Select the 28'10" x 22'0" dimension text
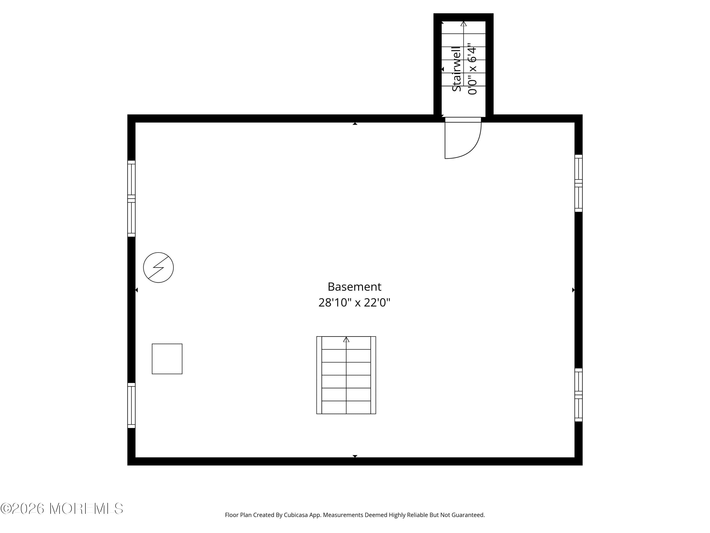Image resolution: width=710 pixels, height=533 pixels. pos(354,302)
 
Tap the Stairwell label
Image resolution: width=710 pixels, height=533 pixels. pos(456,69)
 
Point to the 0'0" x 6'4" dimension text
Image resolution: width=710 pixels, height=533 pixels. pos(472,69)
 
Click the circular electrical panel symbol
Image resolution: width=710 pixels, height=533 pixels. pos(158,267)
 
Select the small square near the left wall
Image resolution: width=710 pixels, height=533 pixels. pos(167,359)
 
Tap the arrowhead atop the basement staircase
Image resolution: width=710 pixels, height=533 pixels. pos(346,339)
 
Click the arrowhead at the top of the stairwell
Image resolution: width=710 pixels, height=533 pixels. pos(463,23)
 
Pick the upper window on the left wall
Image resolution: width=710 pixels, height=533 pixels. pos(131,199)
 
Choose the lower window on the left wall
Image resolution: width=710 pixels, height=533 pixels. pos(131,405)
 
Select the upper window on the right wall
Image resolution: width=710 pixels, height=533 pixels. pos(578,183)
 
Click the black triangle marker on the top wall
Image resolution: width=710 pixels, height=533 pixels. pos(355,124)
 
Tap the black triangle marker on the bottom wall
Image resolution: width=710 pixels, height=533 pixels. pos(355,456)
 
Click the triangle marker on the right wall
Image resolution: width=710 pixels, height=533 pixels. pos(573,290)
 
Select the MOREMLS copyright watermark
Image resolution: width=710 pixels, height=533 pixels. pos(62,509)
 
